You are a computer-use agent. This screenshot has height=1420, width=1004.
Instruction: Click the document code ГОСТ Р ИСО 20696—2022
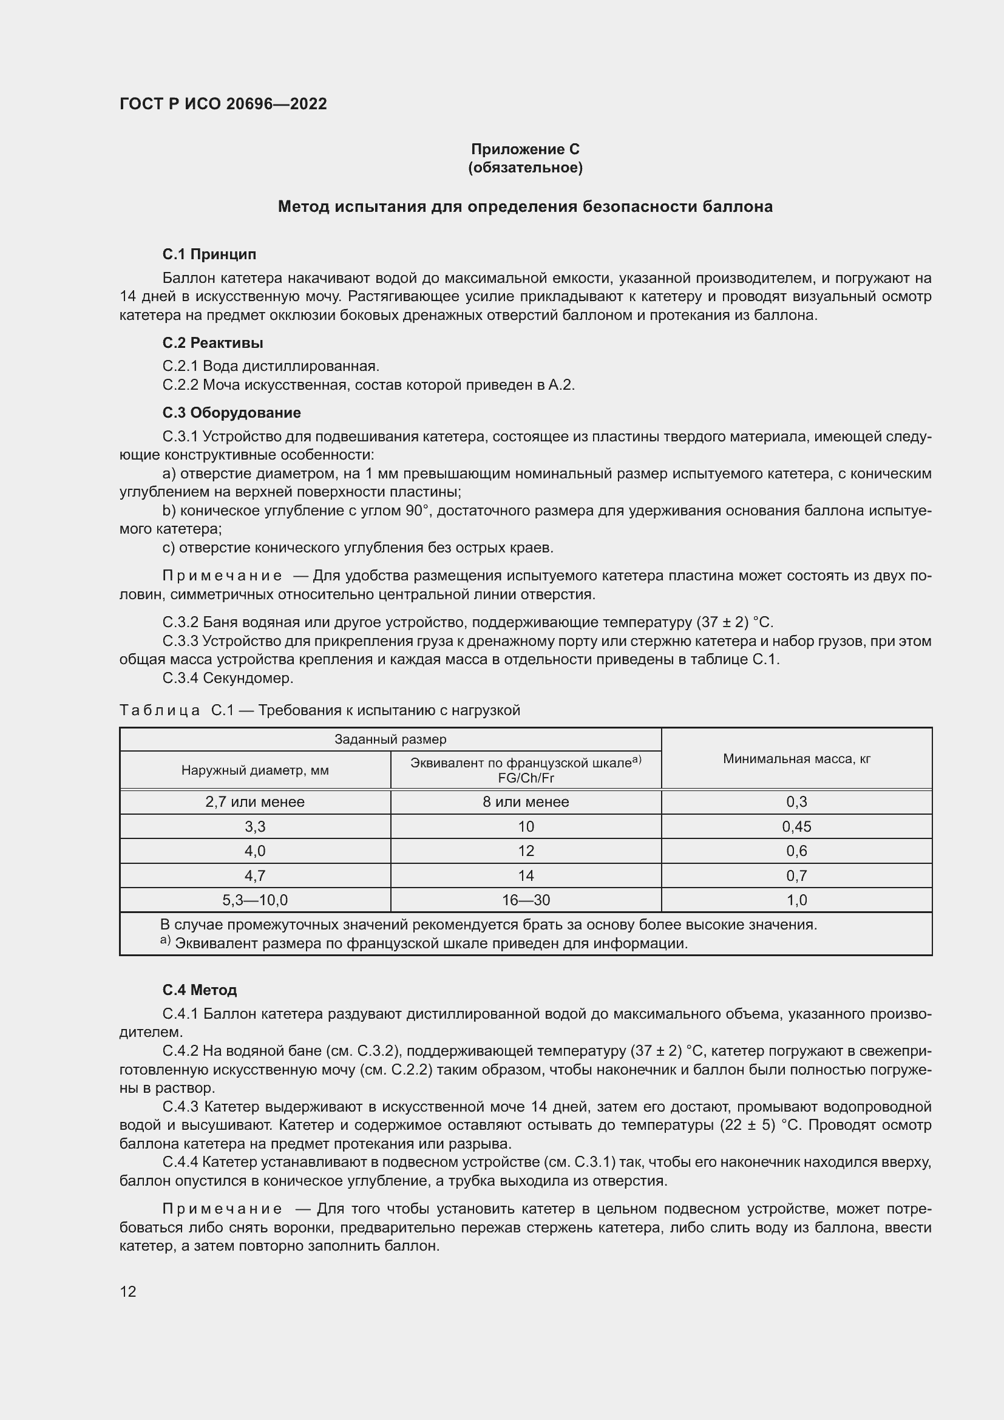(x=223, y=104)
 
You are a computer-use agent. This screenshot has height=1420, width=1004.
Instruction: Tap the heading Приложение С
(x=525, y=149)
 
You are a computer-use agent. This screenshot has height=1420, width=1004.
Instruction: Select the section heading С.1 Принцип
(x=209, y=254)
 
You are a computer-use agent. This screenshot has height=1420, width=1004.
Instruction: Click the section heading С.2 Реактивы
(x=212, y=342)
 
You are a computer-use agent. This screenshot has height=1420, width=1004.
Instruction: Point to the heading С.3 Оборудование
(x=231, y=412)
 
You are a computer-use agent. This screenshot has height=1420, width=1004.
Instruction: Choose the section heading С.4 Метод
(x=199, y=990)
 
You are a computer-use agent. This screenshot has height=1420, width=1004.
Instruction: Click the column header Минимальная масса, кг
(x=796, y=758)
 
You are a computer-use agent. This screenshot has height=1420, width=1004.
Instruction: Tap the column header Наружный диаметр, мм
(x=255, y=770)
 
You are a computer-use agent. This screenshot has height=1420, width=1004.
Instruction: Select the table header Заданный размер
(x=390, y=739)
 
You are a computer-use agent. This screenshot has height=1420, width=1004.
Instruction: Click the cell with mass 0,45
(x=796, y=826)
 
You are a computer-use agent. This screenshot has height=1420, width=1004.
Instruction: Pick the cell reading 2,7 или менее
(x=255, y=801)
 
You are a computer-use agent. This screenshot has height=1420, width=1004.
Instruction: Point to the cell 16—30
(x=526, y=900)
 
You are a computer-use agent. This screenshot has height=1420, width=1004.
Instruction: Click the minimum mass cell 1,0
(x=796, y=900)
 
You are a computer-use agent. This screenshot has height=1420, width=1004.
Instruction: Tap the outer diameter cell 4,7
(x=255, y=875)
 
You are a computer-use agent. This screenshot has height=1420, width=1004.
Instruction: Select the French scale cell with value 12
(x=526, y=851)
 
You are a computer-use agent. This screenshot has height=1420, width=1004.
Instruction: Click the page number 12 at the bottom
(x=128, y=1291)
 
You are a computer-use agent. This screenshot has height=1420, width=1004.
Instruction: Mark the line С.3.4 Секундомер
(x=228, y=678)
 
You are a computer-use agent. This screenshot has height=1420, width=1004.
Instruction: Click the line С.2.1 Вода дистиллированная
(x=271, y=366)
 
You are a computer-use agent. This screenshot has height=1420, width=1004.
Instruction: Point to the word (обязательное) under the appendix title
(x=525, y=168)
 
